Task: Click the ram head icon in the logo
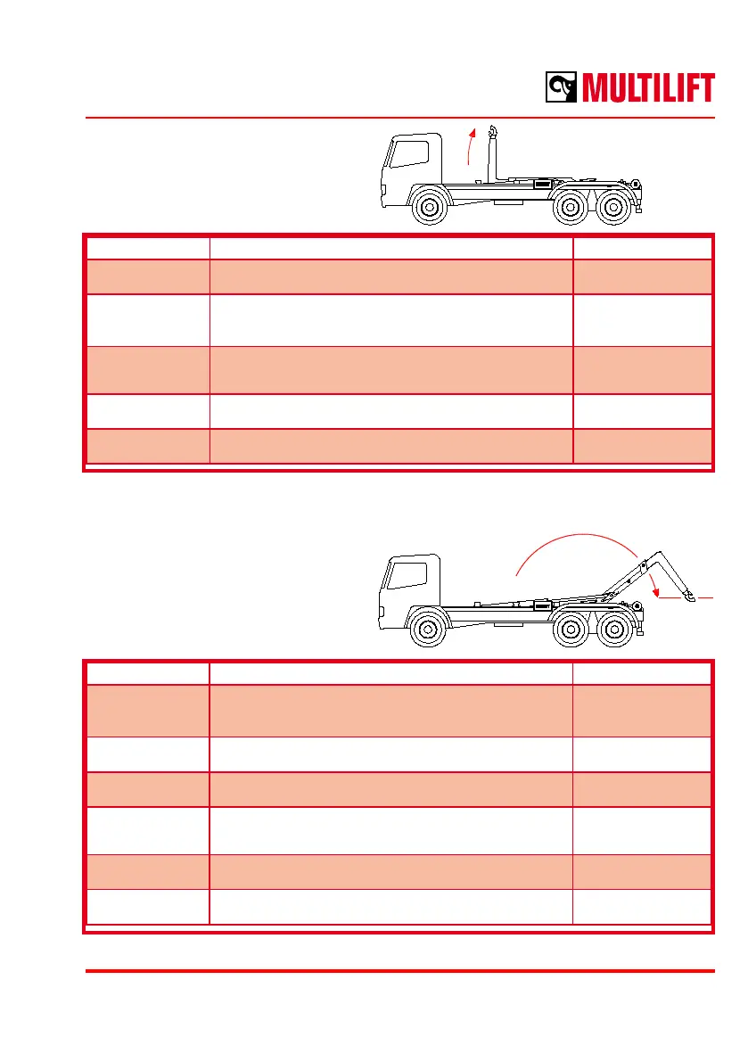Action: point(562,88)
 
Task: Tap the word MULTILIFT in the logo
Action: point(648,88)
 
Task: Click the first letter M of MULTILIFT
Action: point(599,88)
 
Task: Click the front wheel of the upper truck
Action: point(430,208)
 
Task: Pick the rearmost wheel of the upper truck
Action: point(612,208)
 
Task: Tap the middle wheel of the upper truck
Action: point(570,208)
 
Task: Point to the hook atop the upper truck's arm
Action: point(492,134)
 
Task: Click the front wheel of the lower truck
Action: point(430,632)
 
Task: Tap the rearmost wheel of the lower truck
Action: point(612,632)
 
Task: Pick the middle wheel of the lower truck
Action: point(570,632)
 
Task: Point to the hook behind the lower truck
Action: point(688,596)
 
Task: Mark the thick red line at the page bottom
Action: point(399,971)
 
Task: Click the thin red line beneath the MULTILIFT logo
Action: point(399,117)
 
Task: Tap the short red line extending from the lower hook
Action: point(705,596)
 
